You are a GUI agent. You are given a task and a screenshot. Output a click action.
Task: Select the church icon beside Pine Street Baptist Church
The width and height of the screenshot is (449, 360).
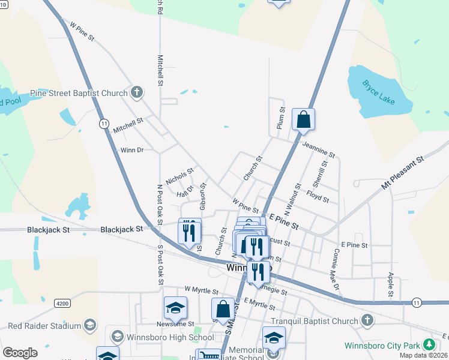[x=137, y=93]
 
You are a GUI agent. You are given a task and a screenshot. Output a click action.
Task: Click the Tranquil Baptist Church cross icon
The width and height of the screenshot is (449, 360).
[x=366, y=321]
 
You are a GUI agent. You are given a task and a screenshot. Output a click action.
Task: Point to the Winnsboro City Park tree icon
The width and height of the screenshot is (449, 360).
[x=429, y=345]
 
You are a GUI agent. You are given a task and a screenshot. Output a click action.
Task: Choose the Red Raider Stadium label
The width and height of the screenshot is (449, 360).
[x=44, y=326]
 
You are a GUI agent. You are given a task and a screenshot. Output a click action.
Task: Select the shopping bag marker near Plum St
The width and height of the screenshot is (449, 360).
[x=304, y=119]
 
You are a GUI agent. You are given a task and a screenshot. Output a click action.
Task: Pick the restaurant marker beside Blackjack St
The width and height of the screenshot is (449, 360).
[x=190, y=231]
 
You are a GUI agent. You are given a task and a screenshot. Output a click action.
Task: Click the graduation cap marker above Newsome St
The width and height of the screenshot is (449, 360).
[x=175, y=308]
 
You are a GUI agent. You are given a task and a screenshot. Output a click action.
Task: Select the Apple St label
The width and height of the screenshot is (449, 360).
[x=391, y=284]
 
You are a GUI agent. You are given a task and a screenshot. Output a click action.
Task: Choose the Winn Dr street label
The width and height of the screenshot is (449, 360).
[x=132, y=150]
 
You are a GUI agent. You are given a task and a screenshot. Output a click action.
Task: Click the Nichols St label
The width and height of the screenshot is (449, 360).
[x=179, y=176]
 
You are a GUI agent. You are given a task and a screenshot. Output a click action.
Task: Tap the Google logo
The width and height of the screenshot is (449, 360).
[x=20, y=353]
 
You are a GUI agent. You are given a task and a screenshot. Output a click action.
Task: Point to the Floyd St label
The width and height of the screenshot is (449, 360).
[x=318, y=196]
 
